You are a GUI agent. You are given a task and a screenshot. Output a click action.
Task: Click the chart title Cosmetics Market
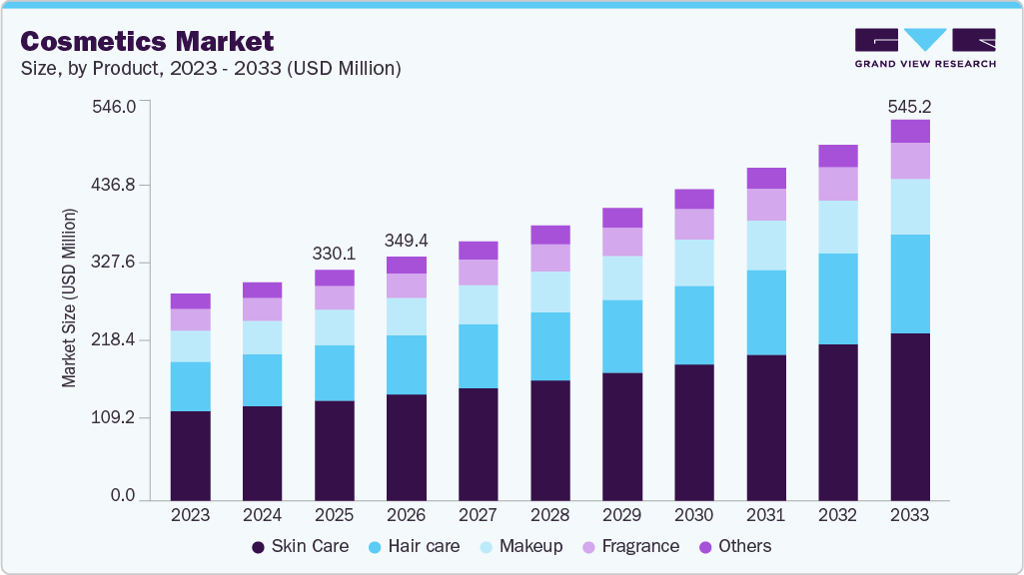147,41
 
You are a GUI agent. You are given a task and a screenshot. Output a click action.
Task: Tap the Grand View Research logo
924,47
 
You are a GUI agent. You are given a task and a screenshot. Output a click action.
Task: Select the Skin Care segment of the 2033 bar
910,416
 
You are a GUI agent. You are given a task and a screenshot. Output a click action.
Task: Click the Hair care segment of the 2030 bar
693,325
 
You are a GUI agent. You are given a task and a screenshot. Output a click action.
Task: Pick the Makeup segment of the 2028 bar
549,291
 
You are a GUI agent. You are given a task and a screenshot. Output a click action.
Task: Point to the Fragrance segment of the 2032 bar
838,184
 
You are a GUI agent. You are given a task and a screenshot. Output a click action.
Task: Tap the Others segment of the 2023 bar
190,300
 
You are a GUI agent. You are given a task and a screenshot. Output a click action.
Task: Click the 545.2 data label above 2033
910,106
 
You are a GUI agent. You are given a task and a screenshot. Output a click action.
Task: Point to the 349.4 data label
407,241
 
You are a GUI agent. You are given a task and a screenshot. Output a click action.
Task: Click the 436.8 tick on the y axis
114,186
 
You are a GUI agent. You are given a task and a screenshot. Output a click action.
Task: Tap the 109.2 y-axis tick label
114,418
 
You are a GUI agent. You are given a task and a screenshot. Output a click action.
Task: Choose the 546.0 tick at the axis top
114,106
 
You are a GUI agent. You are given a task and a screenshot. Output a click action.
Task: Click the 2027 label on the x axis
478,516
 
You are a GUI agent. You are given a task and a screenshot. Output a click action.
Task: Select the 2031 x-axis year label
766,516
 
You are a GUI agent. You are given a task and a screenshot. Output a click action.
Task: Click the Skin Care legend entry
300,546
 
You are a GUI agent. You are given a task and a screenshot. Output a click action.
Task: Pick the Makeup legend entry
519,546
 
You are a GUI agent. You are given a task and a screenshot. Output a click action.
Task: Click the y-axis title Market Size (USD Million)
69,297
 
